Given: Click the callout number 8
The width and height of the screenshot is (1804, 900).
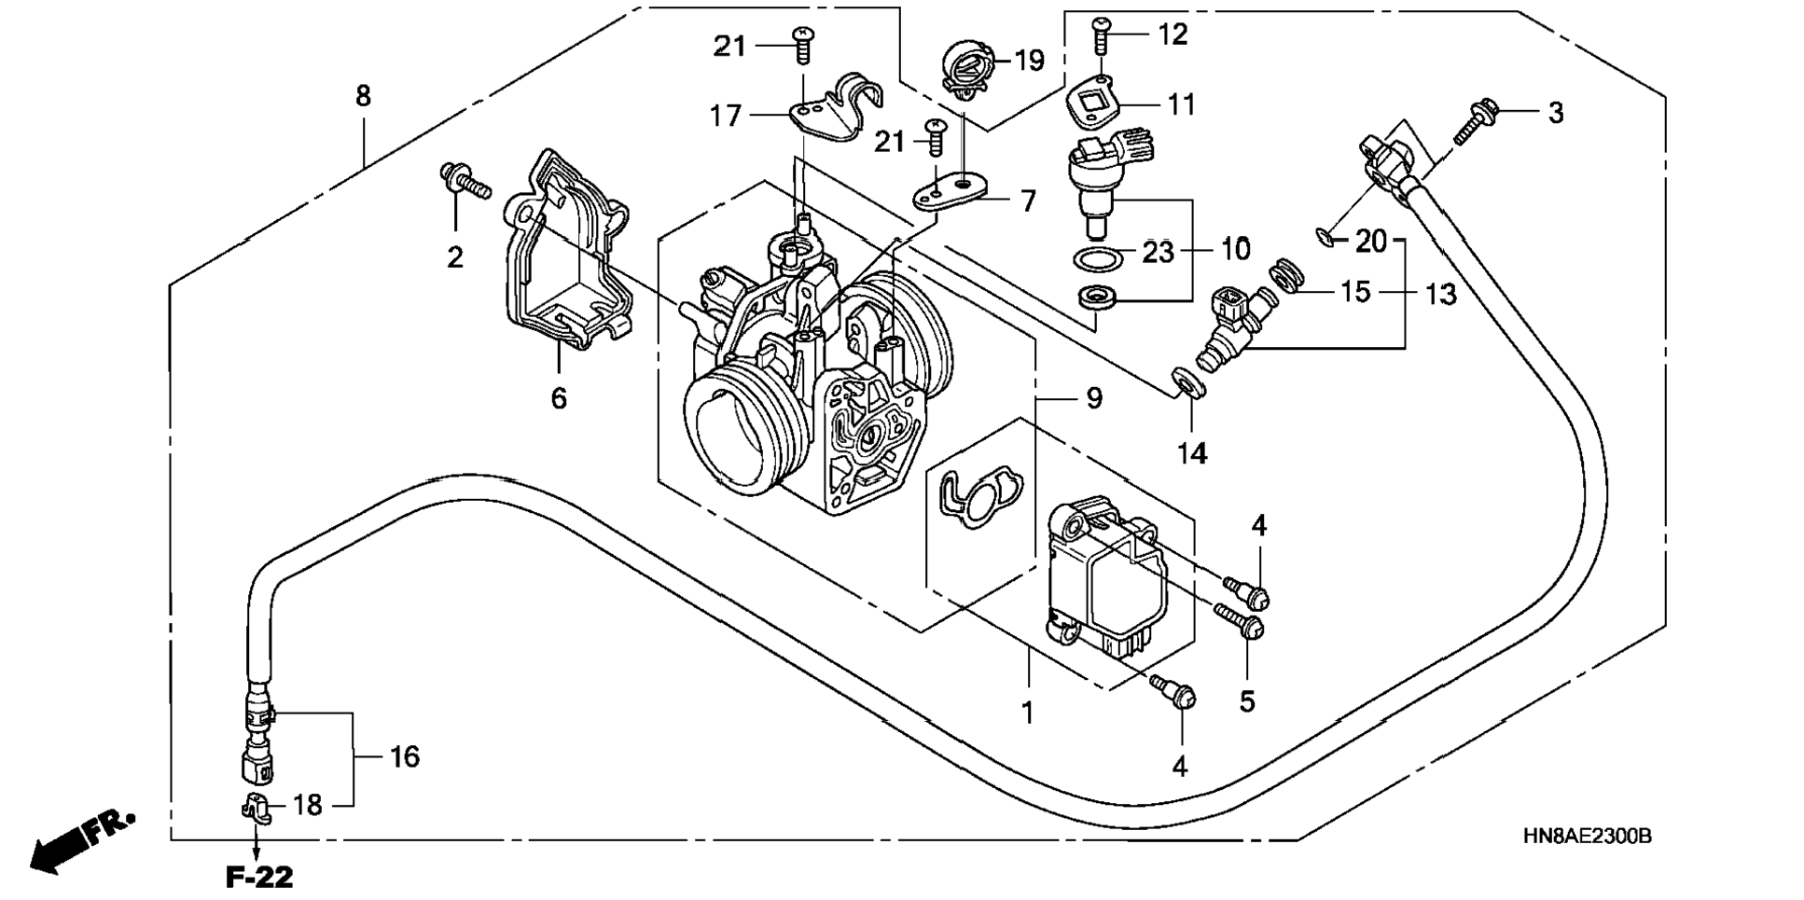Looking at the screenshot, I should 363,95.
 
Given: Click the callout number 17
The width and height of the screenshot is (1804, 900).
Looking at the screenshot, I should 726,116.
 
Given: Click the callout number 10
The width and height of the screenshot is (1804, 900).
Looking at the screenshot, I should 1235,249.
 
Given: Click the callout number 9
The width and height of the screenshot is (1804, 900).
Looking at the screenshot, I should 1093,398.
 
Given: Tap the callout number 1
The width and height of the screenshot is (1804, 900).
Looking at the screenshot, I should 1027,713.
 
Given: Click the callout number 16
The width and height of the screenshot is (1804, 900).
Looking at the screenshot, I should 404,756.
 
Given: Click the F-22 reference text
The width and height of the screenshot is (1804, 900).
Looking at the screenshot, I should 259,877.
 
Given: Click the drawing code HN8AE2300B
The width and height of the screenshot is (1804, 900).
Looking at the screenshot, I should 1588,837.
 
